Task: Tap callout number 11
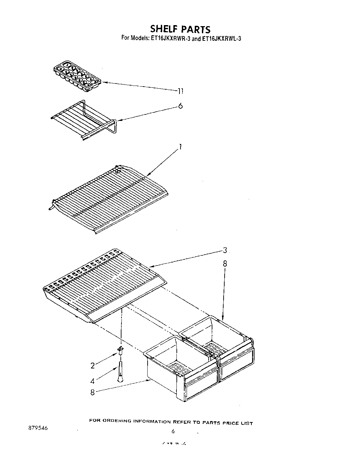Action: click(x=181, y=91)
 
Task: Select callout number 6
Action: click(x=181, y=106)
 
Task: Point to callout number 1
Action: click(x=181, y=147)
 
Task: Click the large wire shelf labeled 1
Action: click(x=109, y=199)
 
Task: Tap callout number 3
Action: click(x=225, y=251)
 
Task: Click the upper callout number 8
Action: click(x=225, y=264)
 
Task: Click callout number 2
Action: click(x=92, y=366)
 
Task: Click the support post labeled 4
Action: click(x=121, y=372)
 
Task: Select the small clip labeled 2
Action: click(x=120, y=350)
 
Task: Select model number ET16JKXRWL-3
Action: click(x=221, y=38)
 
